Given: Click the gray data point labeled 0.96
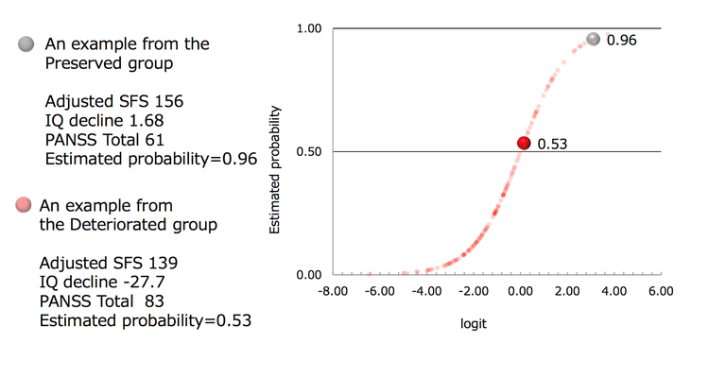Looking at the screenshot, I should click(x=593, y=39).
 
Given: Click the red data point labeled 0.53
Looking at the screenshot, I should click(x=524, y=143).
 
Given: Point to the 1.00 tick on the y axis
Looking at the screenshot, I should click(x=309, y=29).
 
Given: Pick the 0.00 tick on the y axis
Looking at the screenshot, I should click(x=309, y=275).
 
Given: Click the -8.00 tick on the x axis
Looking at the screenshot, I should click(x=334, y=292).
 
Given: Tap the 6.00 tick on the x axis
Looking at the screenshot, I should click(x=661, y=292).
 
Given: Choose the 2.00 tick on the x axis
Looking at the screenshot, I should click(x=567, y=292).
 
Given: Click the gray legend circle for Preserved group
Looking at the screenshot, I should click(x=26, y=44).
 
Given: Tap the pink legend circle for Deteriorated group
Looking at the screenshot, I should click(x=25, y=205).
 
